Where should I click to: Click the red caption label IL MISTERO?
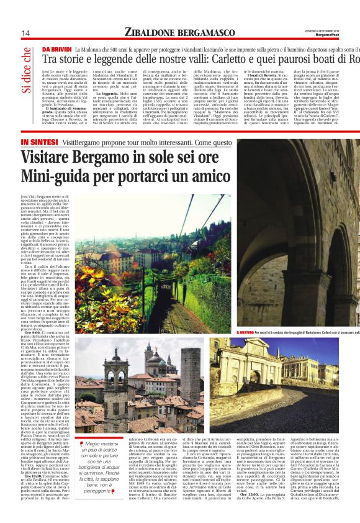[249, 333]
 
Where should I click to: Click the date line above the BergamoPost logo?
[337, 29]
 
